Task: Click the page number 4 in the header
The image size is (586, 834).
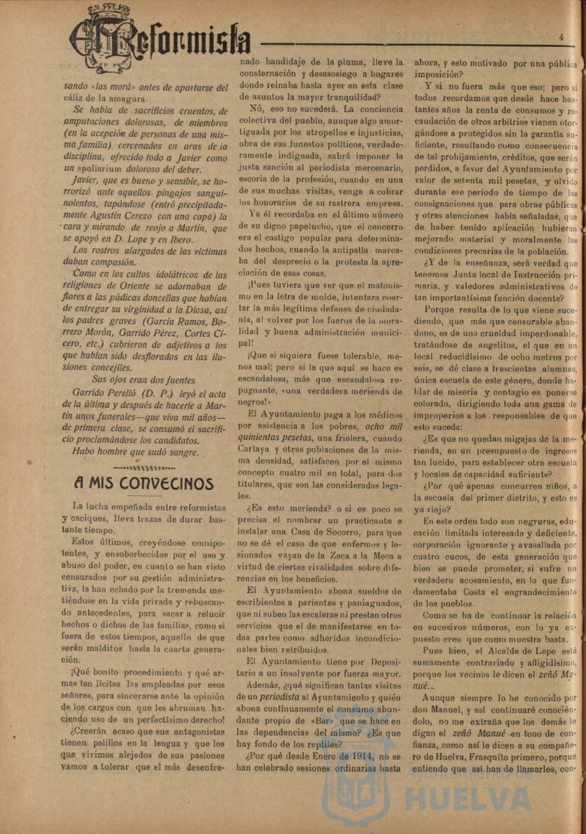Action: tap(561, 37)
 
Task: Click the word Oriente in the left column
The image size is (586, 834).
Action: tap(150, 287)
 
